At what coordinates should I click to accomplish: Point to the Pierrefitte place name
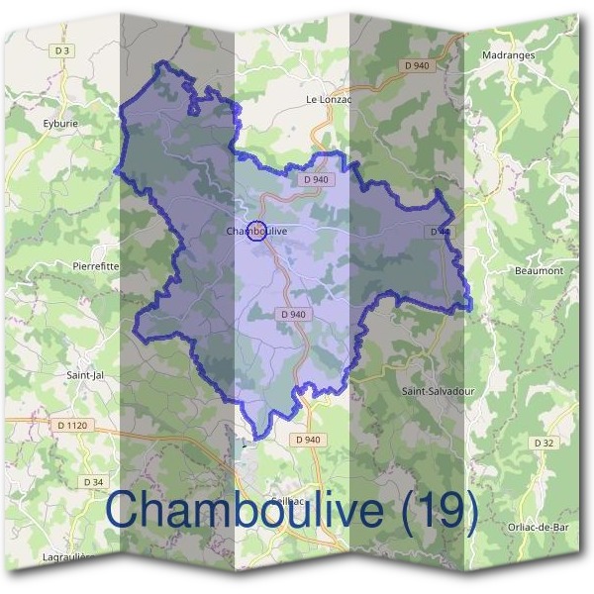coord(96,265)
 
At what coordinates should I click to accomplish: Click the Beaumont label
coord(539,270)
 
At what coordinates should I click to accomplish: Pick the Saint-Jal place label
coord(85,375)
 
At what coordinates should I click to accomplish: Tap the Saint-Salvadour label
coord(438,391)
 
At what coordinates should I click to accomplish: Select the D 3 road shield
coord(64,49)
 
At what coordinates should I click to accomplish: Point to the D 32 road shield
coord(543,443)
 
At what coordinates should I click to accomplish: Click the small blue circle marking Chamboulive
coord(255,232)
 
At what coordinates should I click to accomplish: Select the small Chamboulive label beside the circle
coord(263,232)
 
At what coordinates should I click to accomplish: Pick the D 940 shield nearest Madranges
coord(418,65)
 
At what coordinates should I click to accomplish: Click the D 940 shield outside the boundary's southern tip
coord(308,439)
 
